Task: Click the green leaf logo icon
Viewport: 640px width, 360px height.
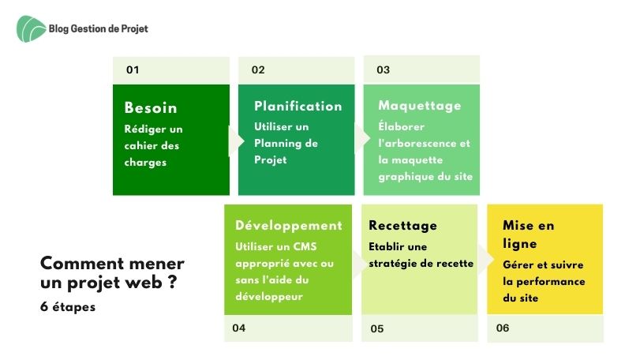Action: [x=31, y=28]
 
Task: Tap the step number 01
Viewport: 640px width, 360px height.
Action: [x=133, y=69]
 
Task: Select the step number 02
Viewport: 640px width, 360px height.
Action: [x=258, y=69]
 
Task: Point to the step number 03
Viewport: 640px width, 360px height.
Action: [x=384, y=69]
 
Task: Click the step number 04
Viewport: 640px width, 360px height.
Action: [x=239, y=328]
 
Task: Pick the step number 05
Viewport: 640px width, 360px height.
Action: [x=377, y=328]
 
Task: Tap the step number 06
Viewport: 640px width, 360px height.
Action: [x=503, y=328]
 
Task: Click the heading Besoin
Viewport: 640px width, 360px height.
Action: [x=151, y=107]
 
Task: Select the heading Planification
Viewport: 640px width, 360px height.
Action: [x=298, y=106]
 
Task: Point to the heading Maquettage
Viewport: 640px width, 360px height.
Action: [x=420, y=106]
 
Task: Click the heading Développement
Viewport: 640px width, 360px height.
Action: [x=289, y=225]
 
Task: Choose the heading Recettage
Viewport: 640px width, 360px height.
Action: [x=402, y=226]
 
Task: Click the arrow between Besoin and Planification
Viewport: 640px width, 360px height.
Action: [x=236, y=141]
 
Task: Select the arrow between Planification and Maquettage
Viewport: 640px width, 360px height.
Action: [x=362, y=139]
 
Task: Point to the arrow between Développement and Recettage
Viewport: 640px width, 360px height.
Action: [x=359, y=264]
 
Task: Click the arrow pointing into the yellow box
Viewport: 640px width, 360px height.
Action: [x=485, y=260]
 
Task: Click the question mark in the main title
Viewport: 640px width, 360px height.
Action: [x=172, y=282]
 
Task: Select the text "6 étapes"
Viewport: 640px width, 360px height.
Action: [x=68, y=307]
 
